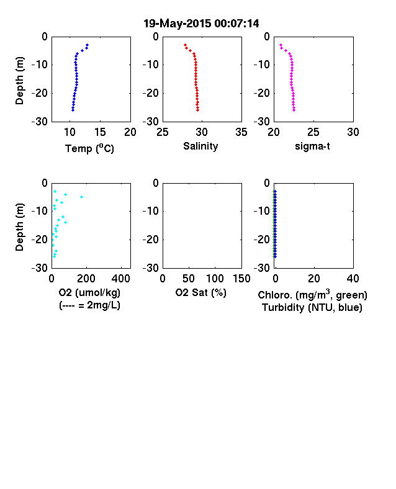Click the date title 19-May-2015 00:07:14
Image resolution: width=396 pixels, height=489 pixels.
(201, 24)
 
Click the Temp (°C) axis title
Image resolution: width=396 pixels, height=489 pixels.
(89, 148)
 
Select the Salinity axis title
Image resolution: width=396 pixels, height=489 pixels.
(200, 146)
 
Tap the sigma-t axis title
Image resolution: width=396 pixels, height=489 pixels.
(312, 146)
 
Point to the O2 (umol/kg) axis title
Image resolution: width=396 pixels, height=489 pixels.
(89, 292)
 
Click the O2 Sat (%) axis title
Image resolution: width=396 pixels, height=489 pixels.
(200, 292)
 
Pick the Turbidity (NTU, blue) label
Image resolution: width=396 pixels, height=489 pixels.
(312, 308)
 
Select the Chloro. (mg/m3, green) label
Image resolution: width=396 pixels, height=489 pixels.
(312, 295)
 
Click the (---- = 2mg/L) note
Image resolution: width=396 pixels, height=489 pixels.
(89, 305)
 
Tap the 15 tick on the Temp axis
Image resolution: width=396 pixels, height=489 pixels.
(100, 132)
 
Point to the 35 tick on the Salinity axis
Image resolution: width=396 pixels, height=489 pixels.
(241, 132)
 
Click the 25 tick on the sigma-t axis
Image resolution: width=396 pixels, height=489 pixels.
(313, 132)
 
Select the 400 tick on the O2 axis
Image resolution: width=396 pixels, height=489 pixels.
(120, 278)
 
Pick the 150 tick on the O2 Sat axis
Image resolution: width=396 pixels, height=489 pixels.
(241, 278)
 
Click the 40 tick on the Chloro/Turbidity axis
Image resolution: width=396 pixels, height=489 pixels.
(353, 278)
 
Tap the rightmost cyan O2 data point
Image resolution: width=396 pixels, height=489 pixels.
(82, 197)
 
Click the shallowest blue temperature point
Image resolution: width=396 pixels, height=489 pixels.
(88, 45)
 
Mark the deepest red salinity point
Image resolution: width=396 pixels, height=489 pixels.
(197, 110)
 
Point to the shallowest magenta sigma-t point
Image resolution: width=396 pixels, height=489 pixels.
(281, 45)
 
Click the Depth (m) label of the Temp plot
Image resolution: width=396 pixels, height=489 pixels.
(19, 81)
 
